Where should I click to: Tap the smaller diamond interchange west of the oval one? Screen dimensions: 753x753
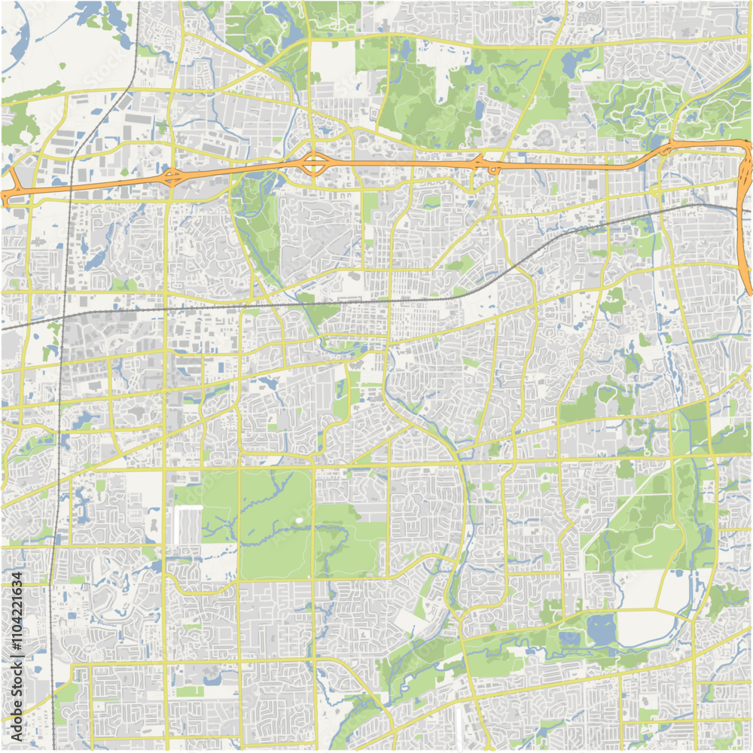point(172,178)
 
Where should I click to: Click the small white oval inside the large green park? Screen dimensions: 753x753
point(300,520)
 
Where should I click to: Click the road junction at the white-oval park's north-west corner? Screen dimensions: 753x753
point(239,468)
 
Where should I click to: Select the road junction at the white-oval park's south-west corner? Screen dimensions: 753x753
point(239,581)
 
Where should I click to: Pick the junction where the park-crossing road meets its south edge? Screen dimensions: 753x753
point(314,580)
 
